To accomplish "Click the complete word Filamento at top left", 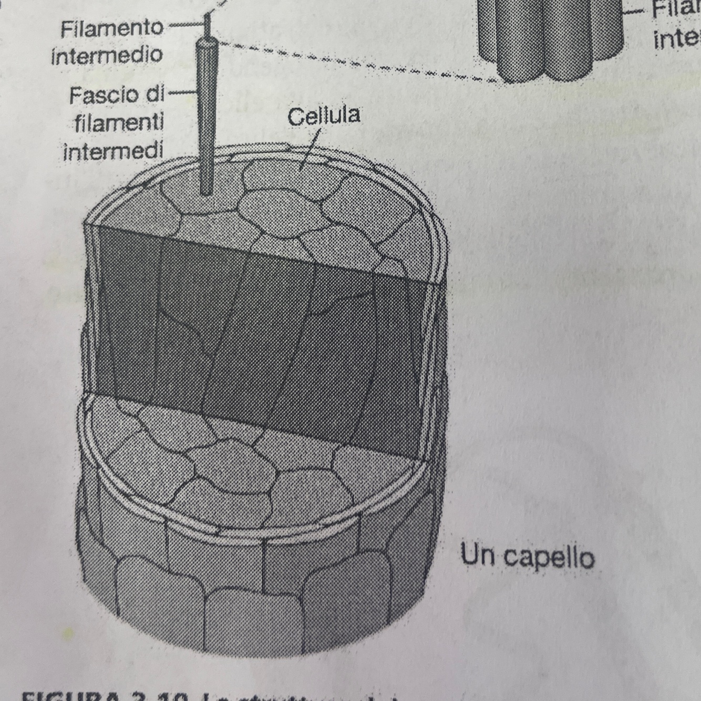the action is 111,28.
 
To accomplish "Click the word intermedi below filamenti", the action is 113,151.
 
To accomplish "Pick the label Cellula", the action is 324,116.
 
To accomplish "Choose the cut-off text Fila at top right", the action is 675,9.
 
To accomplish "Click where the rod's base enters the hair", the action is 207,190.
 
